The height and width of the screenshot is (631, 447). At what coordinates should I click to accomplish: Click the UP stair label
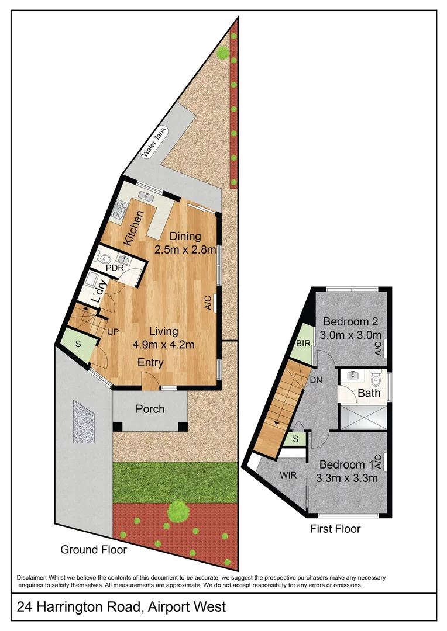(x=113, y=332)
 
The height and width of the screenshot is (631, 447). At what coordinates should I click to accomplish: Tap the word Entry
(x=150, y=363)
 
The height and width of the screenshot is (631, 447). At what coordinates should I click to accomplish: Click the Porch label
(x=150, y=409)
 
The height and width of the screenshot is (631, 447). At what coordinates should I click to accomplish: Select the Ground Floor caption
(x=94, y=549)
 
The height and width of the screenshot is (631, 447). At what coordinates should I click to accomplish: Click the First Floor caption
(x=335, y=529)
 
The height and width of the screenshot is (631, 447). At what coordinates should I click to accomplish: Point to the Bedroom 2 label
(x=350, y=321)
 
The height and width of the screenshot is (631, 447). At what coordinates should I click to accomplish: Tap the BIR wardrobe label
(x=303, y=344)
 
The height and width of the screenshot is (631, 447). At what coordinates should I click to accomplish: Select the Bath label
(x=369, y=393)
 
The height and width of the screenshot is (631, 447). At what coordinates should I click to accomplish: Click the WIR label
(x=287, y=475)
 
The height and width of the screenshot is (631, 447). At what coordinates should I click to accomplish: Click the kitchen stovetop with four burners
(x=120, y=210)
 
